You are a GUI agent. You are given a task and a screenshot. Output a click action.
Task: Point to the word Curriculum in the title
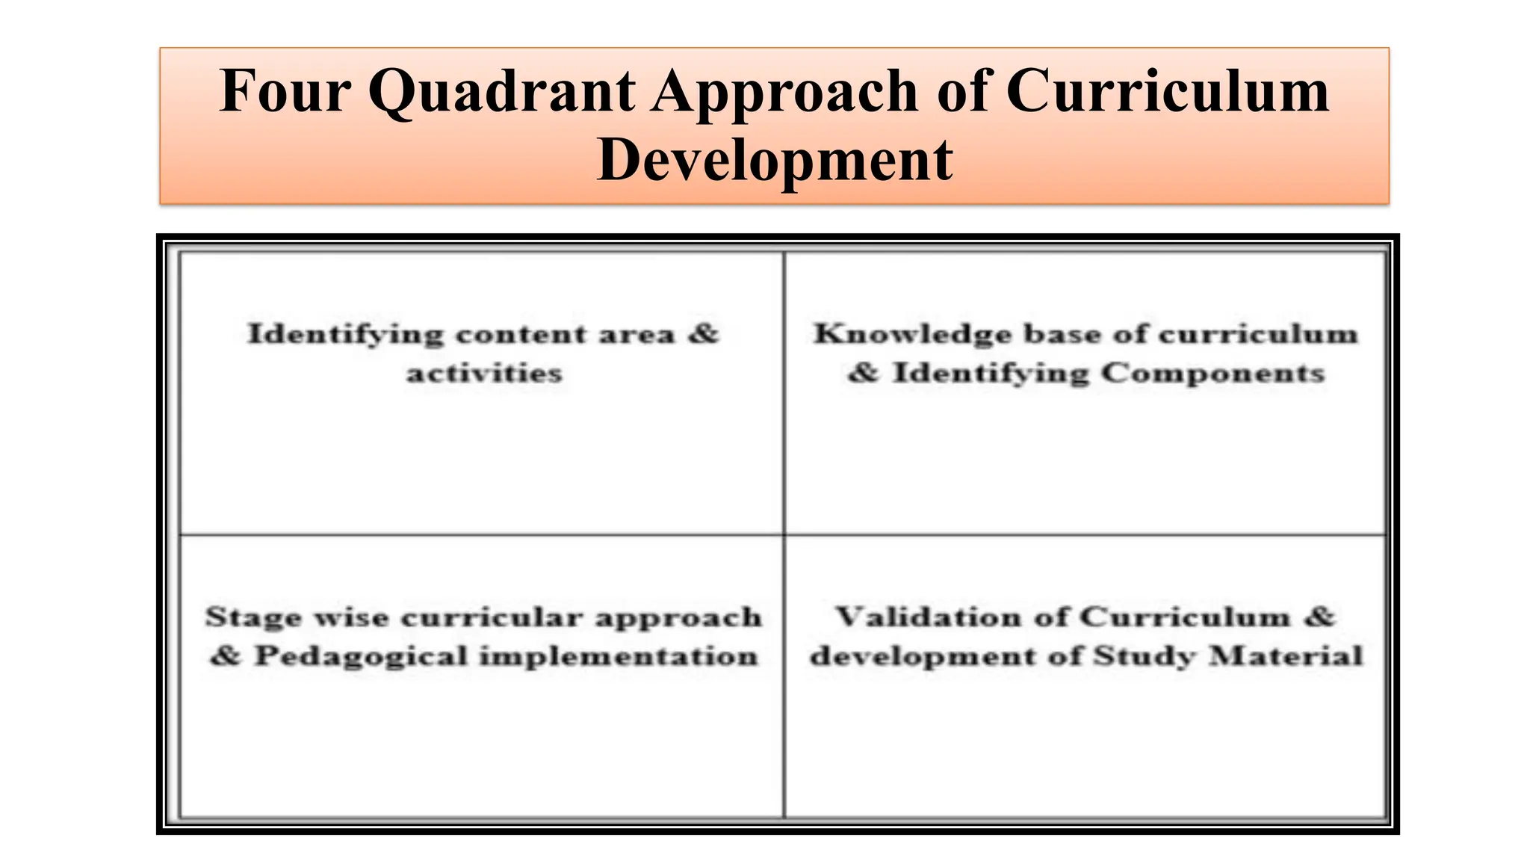point(1168,91)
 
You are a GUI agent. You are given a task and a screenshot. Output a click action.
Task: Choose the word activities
point(484,373)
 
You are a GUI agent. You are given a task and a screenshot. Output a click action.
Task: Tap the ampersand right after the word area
point(703,333)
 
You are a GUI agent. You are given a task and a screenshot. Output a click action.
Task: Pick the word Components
point(1212,373)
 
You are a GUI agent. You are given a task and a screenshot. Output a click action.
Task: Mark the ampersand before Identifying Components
point(864,373)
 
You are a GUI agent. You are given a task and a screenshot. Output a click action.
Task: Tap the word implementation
point(619,657)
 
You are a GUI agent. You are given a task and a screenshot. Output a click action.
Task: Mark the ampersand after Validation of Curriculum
point(1321,617)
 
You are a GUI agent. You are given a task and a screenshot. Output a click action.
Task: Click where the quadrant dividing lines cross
point(784,535)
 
